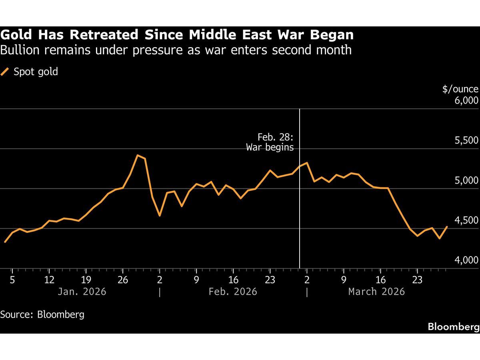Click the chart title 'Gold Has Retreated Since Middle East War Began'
[x=177, y=35]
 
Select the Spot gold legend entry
[x=30, y=72]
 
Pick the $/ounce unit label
[x=460, y=89]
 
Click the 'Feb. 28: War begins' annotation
[x=270, y=142]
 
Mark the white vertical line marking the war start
[x=300, y=200]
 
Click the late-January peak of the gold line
[x=137, y=155]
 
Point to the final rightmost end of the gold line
[x=447, y=227]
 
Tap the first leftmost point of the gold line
[x=5, y=242]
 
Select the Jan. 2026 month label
[x=82, y=291]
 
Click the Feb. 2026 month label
[x=233, y=291]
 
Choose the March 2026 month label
[x=376, y=291]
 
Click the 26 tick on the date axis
[x=123, y=280]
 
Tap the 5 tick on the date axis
[x=12, y=280]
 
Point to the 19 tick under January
[x=86, y=280]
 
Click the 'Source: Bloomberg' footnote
[x=42, y=314]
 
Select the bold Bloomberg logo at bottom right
[x=454, y=327]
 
